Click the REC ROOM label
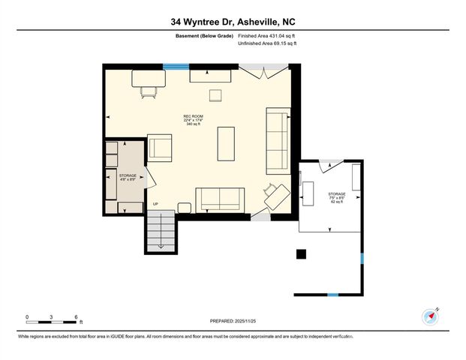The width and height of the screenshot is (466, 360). (x=194, y=116)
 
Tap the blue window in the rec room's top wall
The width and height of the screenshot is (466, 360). (x=176, y=67)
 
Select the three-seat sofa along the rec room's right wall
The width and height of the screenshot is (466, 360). (x=278, y=140)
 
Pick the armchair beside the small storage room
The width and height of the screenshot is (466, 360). (x=160, y=147)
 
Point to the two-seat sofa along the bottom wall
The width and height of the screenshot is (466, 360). (x=219, y=199)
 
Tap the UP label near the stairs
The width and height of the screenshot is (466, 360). (x=156, y=204)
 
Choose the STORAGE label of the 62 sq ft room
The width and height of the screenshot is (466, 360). (x=336, y=194)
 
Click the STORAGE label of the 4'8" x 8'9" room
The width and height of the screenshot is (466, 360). (x=128, y=175)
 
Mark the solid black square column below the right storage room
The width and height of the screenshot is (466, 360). (x=301, y=253)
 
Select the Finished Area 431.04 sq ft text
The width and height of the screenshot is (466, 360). (x=267, y=35)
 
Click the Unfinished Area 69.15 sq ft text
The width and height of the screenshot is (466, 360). (x=267, y=44)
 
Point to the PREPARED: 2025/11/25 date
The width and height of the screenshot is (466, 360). (x=233, y=320)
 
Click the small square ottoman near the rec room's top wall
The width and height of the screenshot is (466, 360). (x=215, y=94)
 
